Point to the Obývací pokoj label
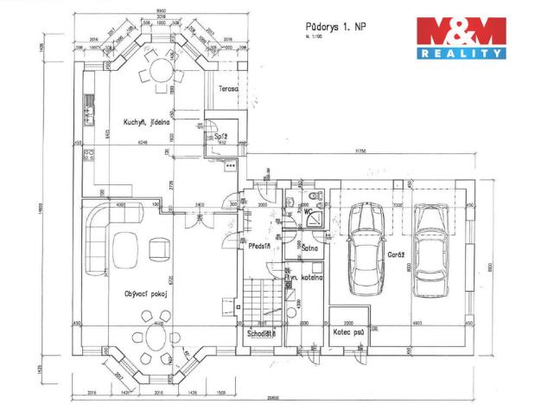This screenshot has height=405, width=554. point(144,293)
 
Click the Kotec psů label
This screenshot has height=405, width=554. point(348,331)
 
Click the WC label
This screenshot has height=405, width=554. point(308,210)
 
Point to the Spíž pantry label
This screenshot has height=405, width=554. point(220,137)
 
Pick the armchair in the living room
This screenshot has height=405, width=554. point(161,249)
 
